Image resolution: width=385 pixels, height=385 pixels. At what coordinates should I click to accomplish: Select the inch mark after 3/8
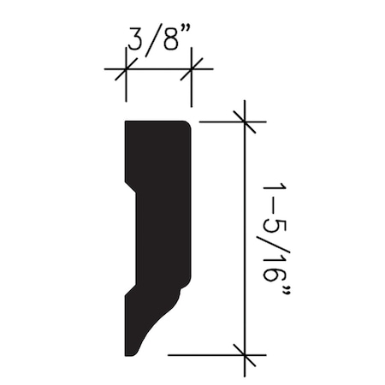[184, 34]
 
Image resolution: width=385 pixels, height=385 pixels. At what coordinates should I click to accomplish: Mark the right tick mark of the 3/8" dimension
[191, 70]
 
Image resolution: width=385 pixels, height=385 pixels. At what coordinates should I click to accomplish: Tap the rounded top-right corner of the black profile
[186, 125]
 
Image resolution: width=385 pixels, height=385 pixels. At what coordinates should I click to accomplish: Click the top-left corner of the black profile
[127, 122]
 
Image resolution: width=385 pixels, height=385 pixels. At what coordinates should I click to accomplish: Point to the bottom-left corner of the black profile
[127, 354]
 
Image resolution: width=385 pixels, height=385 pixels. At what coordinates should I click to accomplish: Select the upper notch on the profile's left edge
[130, 186]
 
